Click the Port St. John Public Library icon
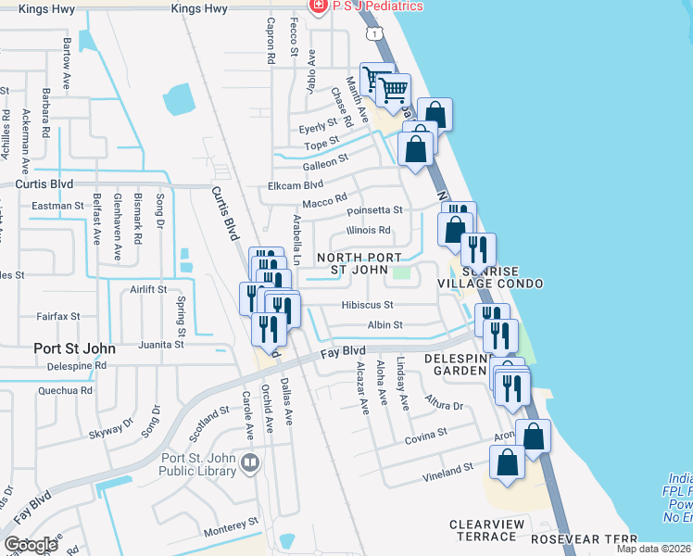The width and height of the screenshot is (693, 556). click(248, 462)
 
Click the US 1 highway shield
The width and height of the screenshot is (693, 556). click(372, 33)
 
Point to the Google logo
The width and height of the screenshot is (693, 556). click(31, 545)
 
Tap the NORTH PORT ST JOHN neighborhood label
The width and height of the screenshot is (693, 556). click(359, 264)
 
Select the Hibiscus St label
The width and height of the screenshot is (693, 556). click(367, 304)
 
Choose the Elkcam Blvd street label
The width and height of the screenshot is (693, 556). click(296, 185)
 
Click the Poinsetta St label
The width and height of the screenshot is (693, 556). click(373, 210)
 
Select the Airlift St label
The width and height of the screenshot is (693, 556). click(148, 289)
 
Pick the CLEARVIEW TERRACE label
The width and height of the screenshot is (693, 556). click(483, 530)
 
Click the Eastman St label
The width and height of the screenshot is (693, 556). click(57, 206)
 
